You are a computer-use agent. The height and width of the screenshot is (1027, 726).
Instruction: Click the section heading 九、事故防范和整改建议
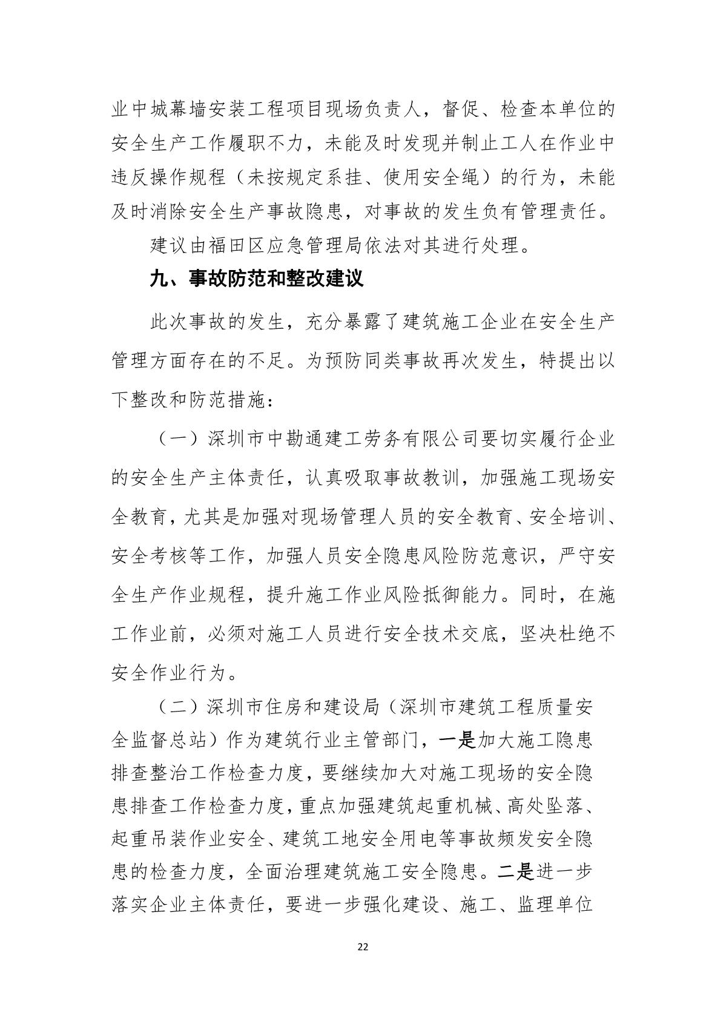[256, 280]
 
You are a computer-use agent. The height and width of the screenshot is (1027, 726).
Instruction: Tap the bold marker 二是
[514, 872]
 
